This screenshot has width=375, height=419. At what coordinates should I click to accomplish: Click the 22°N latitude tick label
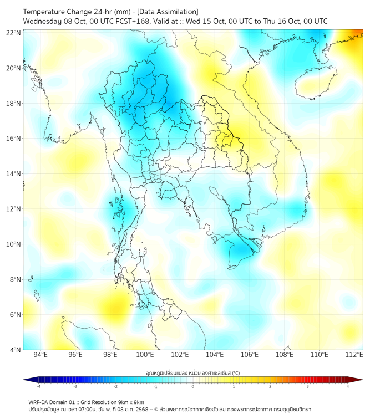tap(14, 33)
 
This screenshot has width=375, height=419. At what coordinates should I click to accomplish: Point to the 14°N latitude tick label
tap(14, 173)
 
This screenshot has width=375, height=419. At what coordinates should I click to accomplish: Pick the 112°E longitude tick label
tap(354, 355)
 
